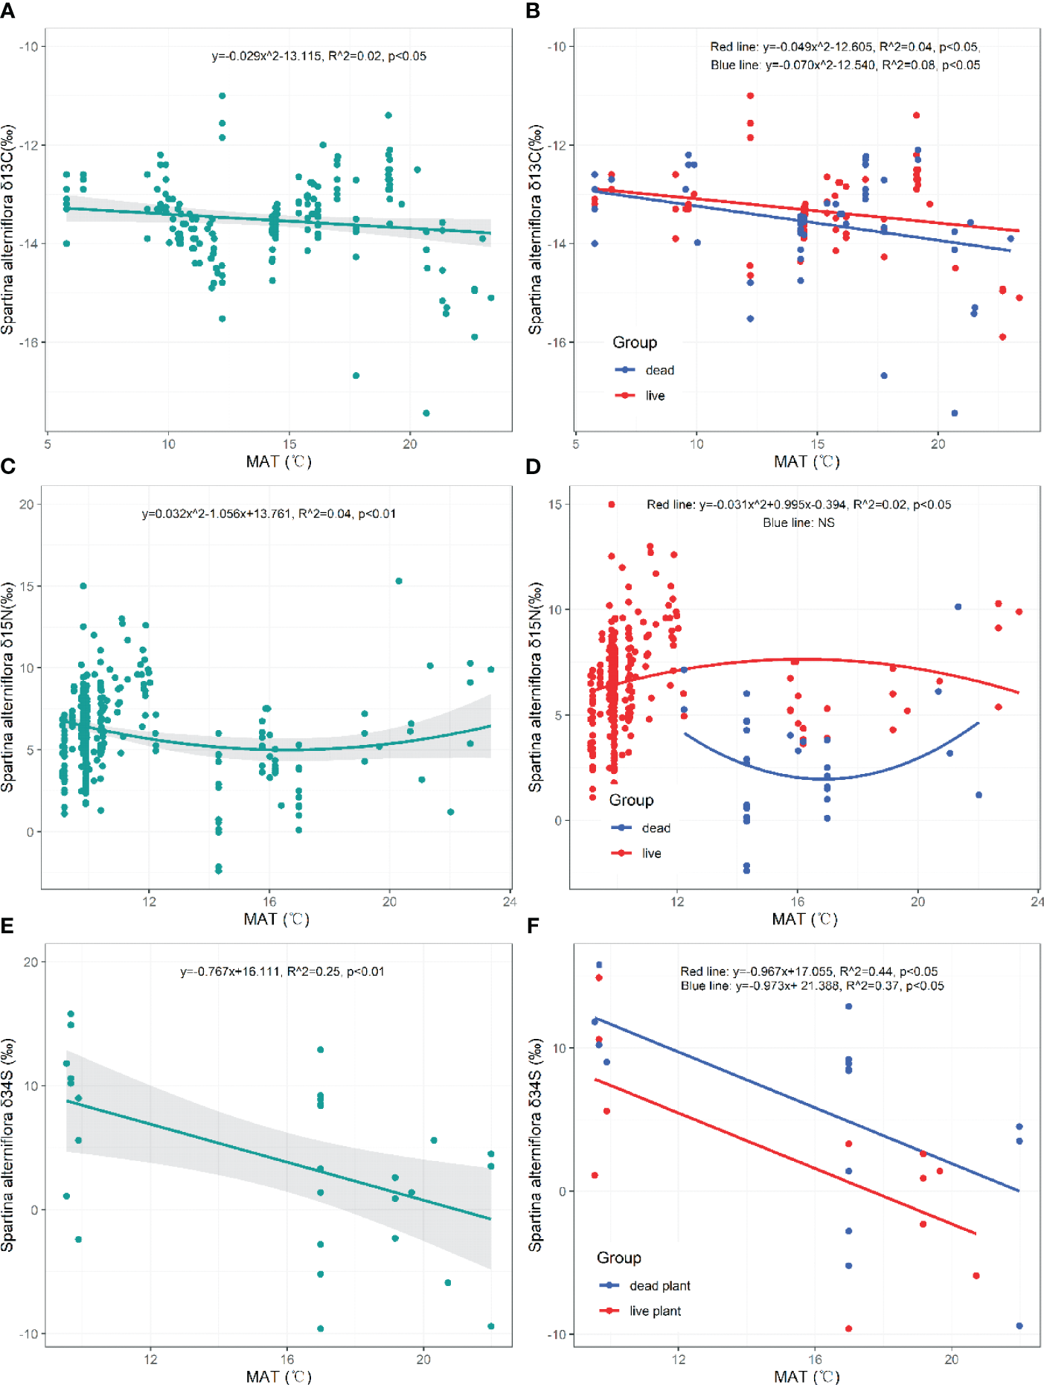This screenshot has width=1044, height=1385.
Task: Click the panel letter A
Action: [8, 11]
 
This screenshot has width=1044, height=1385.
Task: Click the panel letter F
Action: [533, 926]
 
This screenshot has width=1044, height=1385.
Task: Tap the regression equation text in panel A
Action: [318, 56]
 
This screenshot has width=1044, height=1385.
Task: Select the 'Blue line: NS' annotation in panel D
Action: [798, 522]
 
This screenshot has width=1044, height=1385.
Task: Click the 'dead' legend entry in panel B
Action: [659, 370]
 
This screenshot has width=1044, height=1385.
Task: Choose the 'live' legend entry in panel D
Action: [651, 853]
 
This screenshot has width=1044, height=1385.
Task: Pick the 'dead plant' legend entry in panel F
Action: [659, 1285]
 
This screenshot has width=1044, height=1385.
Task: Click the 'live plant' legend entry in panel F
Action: [655, 1311]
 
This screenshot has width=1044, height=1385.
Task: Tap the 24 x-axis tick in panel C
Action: [510, 902]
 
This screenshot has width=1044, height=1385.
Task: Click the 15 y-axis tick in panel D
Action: [555, 504]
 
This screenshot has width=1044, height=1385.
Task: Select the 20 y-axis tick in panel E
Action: [31, 962]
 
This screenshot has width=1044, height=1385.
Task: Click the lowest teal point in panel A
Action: [426, 413]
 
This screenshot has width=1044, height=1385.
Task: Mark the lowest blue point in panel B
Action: [955, 413]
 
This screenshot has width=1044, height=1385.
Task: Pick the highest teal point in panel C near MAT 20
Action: [399, 581]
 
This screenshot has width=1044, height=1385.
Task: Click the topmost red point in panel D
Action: [612, 505]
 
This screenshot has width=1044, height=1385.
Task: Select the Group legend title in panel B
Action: [635, 342]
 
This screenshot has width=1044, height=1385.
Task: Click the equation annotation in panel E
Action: [282, 971]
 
